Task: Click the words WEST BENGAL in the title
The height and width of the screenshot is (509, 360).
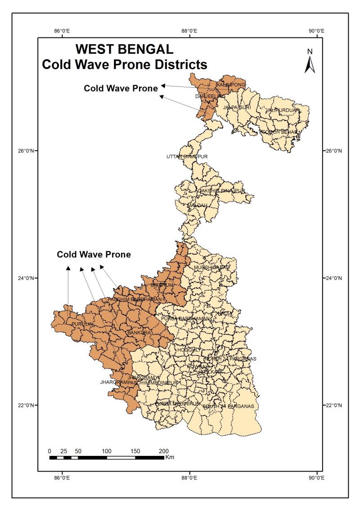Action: (x=124, y=49)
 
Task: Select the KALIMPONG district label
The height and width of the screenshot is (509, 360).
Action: (x=231, y=85)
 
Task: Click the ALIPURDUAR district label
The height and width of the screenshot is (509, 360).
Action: (x=284, y=110)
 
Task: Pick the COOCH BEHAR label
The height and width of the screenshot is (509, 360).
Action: (x=279, y=132)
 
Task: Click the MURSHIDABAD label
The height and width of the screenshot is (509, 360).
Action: (x=211, y=268)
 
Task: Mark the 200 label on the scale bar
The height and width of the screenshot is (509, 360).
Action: (x=164, y=451)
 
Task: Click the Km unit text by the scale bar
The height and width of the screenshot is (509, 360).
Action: (x=170, y=457)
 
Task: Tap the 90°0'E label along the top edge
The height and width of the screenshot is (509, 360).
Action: (x=316, y=31)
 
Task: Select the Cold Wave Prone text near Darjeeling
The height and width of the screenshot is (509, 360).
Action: (x=121, y=88)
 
